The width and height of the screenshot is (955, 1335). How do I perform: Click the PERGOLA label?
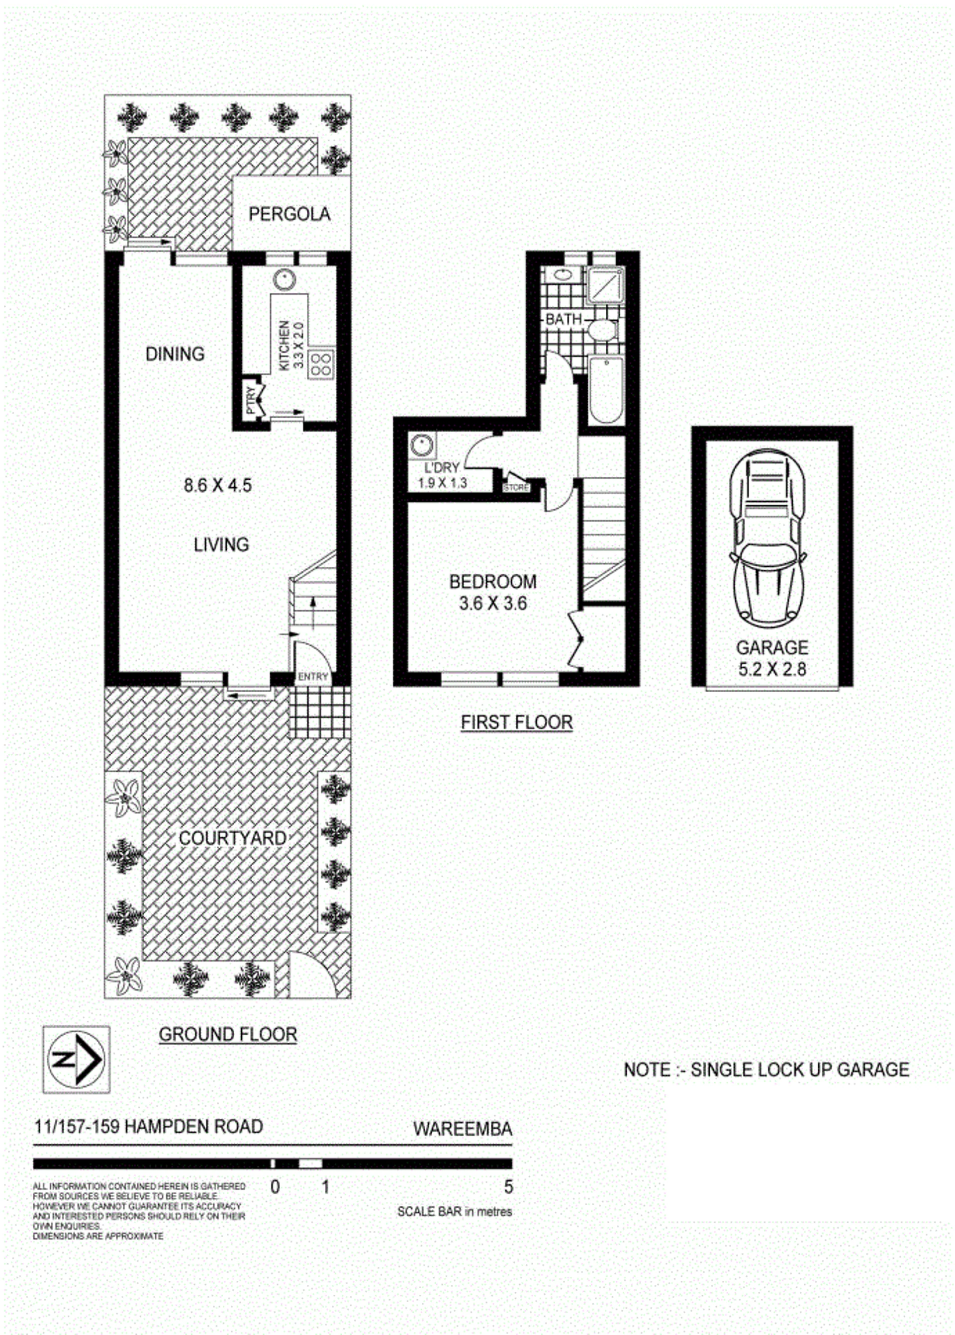[289, 214]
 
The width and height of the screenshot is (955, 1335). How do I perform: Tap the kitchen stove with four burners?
[321, 364]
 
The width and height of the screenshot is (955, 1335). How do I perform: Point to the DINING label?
[175, 354]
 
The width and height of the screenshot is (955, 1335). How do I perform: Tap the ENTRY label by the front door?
[313, 677]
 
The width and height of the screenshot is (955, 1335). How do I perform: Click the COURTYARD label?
[233, 838]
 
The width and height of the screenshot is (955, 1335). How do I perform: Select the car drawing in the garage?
[768, 538]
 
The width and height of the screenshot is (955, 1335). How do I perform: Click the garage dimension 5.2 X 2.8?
[772, 669]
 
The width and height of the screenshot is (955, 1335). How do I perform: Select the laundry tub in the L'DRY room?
[422, 445]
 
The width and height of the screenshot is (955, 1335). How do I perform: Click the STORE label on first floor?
[516, 487]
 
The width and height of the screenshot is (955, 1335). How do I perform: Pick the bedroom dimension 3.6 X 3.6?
[493, 603]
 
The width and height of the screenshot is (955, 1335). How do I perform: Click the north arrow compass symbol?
[77, 1060]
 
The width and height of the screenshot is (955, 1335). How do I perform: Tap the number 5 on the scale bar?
[508, 1186]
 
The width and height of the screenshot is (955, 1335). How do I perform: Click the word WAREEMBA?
[463, 1129]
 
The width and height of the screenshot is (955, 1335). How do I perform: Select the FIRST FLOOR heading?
[516, 722]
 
